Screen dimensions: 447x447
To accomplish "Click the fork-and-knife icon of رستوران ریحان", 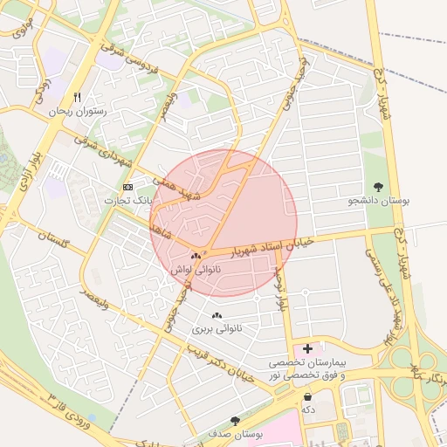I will tap(78, 98).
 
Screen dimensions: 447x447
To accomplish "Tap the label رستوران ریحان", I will tap(77, 112).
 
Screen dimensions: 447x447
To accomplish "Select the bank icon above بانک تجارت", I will tap(129, 187).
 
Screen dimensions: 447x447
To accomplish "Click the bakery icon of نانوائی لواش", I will tap(196, 257).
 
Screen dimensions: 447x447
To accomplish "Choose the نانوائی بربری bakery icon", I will tap(217, 315).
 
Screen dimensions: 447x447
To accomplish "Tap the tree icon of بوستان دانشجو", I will tap(379, 187).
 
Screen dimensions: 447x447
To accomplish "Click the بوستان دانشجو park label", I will tap(379, 201).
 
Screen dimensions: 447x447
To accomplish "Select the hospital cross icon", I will tap(307, 348).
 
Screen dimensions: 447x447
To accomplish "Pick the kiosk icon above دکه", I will tap(307, 395).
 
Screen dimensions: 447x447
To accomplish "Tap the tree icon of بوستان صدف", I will tap(235, 420).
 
